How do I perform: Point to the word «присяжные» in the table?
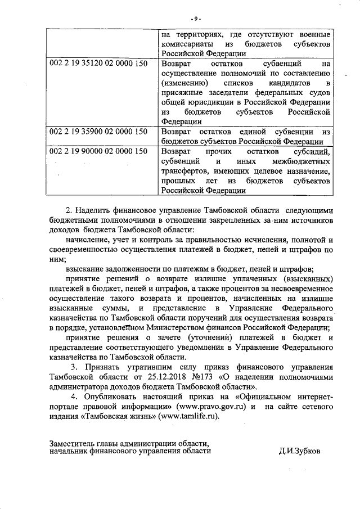click(x=180, y=93)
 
